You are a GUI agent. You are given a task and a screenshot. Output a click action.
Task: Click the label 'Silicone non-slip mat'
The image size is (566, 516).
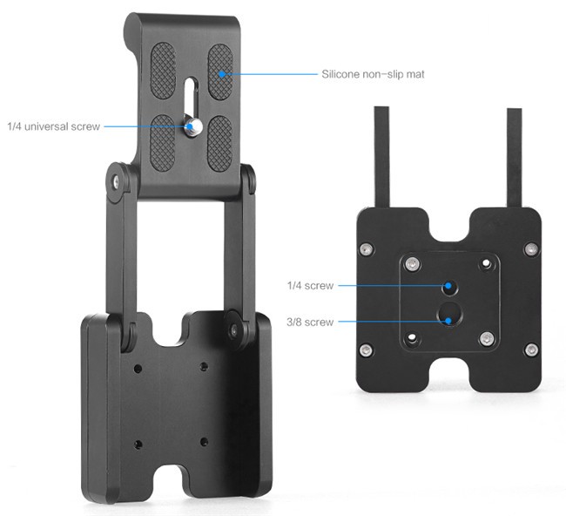373,74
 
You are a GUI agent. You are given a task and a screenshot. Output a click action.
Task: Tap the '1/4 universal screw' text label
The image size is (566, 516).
53,126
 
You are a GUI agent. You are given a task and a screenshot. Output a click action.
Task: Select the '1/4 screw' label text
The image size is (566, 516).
310,286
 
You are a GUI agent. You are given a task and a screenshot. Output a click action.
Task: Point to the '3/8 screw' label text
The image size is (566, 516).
310,322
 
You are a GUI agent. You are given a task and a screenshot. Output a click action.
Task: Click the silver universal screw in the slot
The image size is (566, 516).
192,126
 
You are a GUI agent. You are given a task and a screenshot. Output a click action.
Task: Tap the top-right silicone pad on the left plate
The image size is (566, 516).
220,71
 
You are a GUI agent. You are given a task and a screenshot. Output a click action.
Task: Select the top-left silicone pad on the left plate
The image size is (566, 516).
163,71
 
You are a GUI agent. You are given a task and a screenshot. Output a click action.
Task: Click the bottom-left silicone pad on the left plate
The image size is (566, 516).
162,143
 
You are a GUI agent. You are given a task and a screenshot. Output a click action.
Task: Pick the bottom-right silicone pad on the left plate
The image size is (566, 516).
219,144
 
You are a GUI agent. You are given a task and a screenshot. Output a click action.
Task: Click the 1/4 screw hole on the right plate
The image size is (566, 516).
449,287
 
